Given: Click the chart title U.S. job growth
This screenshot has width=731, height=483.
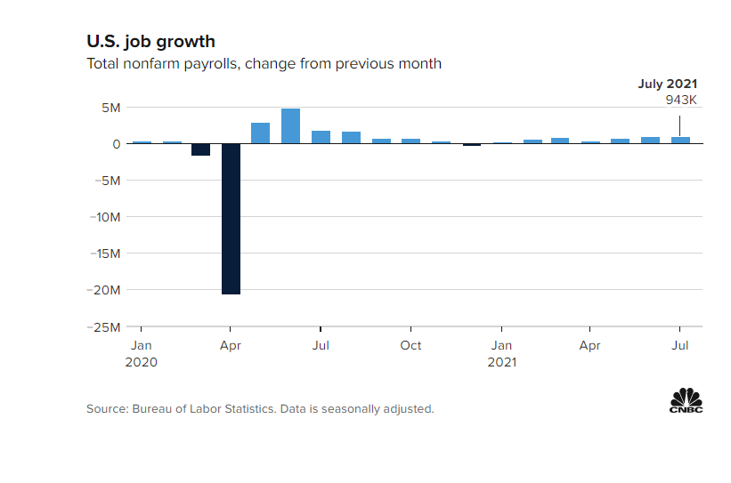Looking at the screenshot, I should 150,41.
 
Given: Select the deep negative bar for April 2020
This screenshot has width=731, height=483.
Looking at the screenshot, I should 231,218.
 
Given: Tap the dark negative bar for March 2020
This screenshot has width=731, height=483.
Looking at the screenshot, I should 200,149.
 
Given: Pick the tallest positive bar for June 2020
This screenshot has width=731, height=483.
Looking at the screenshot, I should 290,125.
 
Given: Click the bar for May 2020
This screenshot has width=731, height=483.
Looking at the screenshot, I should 260,133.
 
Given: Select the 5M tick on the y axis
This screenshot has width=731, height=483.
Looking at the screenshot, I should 110,108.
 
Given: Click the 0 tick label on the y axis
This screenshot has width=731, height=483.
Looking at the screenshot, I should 115,144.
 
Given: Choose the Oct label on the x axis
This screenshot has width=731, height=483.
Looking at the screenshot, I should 410,345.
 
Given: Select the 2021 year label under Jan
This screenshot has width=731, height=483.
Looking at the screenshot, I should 501,362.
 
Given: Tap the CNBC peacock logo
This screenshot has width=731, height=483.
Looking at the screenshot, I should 686,400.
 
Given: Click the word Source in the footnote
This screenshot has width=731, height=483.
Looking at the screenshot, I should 106,409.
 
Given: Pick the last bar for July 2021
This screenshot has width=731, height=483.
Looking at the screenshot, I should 680,140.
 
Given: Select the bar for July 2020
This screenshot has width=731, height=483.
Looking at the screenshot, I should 321,137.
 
